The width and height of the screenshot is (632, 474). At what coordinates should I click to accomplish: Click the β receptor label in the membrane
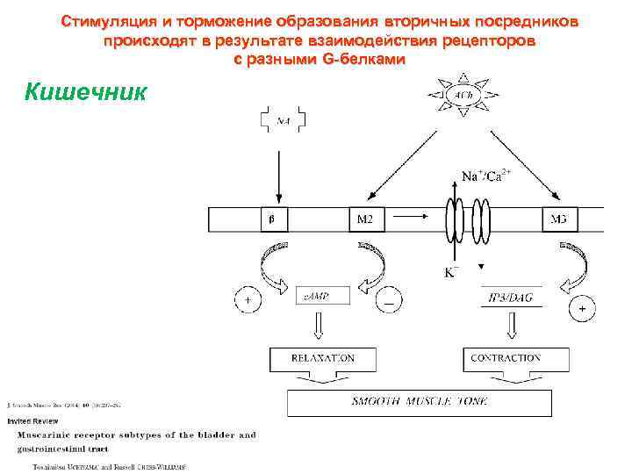click(270, 219)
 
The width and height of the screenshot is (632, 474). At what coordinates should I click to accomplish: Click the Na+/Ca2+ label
click(486, 176)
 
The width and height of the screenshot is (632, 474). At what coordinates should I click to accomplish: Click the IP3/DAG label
click(511, 298)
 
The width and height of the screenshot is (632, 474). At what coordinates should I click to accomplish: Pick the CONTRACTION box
click(515, 359)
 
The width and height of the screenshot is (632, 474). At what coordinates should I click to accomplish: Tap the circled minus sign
click(388, 300)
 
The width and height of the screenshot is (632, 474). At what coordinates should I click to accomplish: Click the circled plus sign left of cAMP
click(248, 300)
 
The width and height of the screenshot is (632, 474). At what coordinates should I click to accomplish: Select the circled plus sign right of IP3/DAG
click(581, 309)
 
